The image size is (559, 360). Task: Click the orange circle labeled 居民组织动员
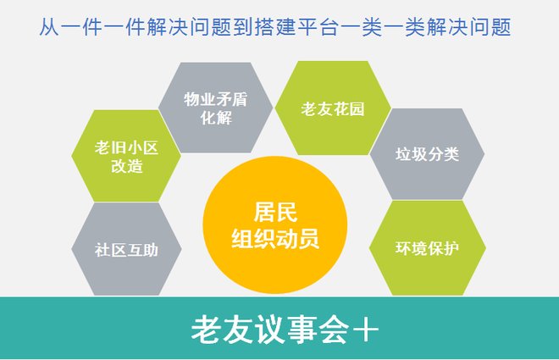coord(275,225)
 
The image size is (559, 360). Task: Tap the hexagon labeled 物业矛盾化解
coord(213,108)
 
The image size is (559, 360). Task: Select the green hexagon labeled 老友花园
coord(332,108)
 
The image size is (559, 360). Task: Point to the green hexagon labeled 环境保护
coord(427,248)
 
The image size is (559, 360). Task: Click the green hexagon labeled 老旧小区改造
coord(126,157)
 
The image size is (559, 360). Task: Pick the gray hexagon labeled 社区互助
coord(126,250)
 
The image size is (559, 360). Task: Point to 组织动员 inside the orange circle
coord(275,240)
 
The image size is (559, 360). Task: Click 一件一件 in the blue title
coord(100,27)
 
